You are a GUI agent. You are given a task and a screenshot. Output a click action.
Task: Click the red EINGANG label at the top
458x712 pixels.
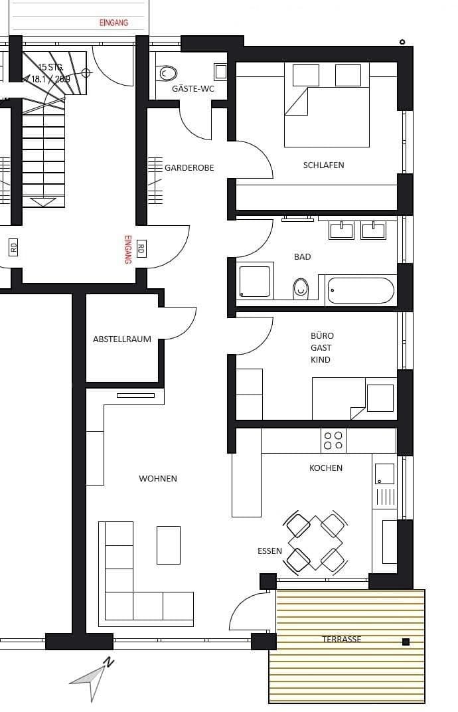[114, 23]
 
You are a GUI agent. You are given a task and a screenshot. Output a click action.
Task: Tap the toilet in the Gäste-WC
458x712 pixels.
[168, 73]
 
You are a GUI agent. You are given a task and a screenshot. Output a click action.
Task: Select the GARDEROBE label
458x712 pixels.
[189, 168]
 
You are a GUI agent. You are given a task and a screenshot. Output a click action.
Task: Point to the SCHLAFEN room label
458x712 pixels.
[323, 165]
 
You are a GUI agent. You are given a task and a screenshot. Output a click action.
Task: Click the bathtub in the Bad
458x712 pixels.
[360, 290]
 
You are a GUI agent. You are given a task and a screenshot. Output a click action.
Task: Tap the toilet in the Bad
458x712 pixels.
[301, 288]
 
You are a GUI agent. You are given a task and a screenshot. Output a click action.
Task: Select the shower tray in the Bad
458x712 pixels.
[254, 281]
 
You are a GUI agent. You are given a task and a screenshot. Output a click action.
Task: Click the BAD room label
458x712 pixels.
[302, 256]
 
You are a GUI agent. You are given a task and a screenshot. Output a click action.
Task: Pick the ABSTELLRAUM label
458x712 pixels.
[122, 339]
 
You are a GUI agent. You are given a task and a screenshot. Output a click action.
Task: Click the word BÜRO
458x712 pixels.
[322, 335]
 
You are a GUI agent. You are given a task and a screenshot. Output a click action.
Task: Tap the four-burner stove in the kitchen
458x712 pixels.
[333, 440]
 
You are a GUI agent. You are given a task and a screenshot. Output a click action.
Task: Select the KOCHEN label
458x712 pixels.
[326, 468]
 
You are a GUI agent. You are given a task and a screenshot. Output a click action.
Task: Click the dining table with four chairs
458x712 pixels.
[315, 543]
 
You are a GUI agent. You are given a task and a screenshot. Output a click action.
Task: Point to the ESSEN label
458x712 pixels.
[269, 551]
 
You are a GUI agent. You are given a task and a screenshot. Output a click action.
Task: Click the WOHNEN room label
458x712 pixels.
[158, 478]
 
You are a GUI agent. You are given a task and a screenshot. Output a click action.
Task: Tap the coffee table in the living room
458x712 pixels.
[168, 545]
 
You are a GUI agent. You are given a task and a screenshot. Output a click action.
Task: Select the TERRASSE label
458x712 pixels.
[342, 639]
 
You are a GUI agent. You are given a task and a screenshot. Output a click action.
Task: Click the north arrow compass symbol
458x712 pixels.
[93, 677]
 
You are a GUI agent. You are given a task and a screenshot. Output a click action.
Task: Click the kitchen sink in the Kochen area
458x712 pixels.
[384, 474]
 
